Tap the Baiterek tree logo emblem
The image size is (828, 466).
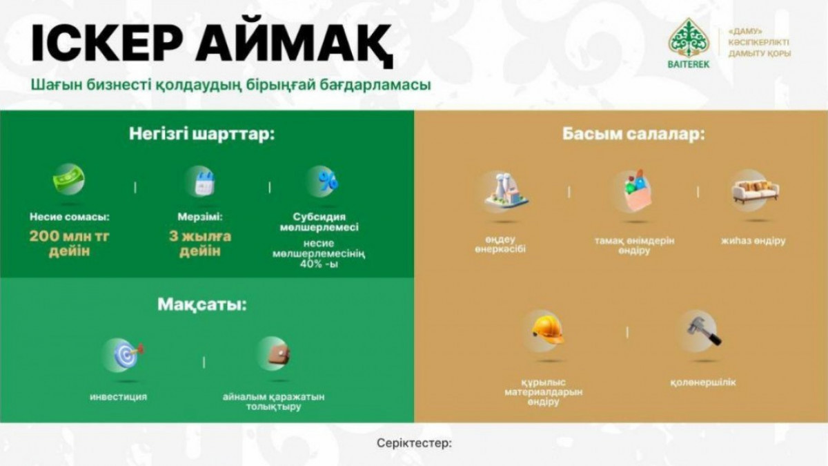[689, 38]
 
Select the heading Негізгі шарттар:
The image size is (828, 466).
[202, 134]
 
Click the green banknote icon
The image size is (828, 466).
[69, 179]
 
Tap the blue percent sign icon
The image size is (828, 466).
[328, 181]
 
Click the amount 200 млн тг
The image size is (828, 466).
[70, 236]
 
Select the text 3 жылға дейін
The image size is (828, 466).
[200, 244]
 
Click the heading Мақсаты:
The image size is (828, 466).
[201, 305]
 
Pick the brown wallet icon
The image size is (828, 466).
[279, 355]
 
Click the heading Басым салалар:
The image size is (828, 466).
[633, 134]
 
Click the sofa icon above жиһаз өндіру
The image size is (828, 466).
[755, 193]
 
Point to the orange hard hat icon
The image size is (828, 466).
[548, 329]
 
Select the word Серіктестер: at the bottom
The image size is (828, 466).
[415, 443]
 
